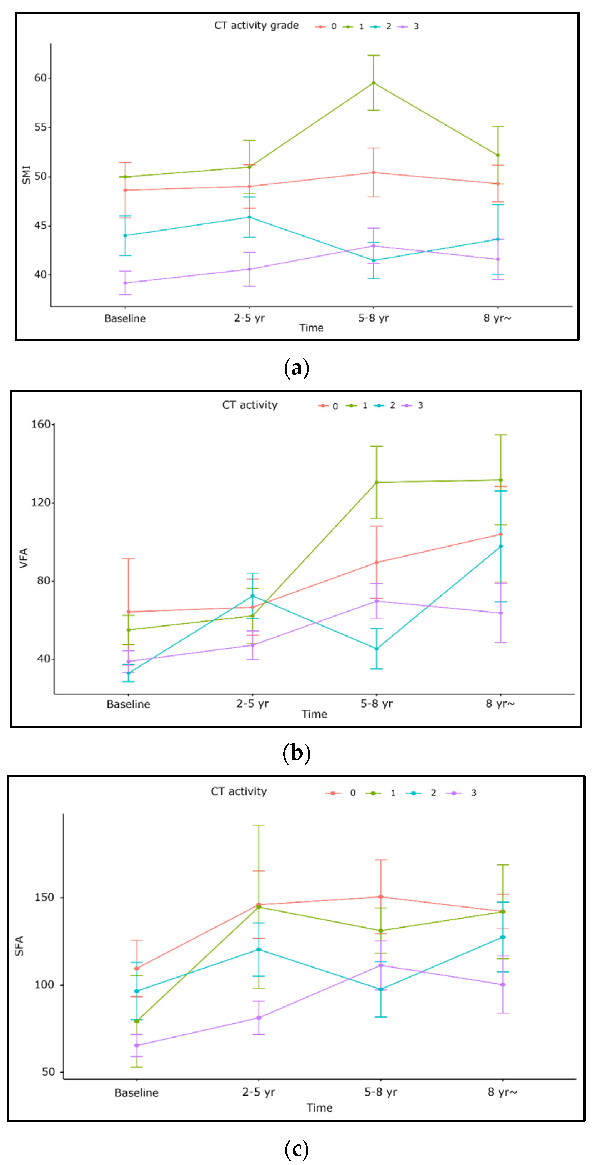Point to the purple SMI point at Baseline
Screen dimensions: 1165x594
pyautogui.click(x=125, y=283)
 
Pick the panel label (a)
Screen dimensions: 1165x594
pyautogui.click(x=297, y=368)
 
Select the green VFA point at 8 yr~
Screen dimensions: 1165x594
pyautogui.click(x=500, y=480)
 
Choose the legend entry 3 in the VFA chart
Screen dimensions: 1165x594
pyautogui.click(x=414, y=406)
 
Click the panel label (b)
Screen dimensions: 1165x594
pyautogui.click(x=297, y=753)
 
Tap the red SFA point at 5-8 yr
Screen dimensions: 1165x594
pyautogui.click(x=380, y=897)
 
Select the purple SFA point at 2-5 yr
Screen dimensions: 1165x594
pyautogui.click(x=259, y=1018)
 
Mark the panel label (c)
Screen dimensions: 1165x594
pyautogui.click(x=297, y=1149)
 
